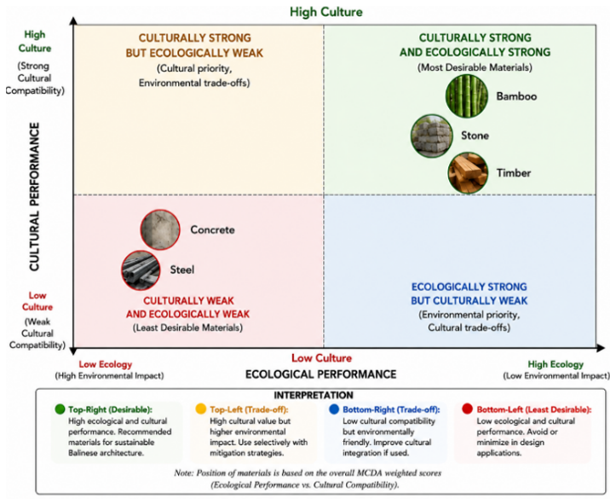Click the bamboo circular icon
pyautogui.click(x=467, y=96)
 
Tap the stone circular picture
pyautogui.click(x=432, y=136)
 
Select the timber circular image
pyautogui.click(x=468, y=172)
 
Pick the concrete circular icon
pyautogui.click(x=160, y=229)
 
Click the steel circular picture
pyautogui.click(x=141, y=270)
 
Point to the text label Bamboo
pyautogui.click(x=516, y=96)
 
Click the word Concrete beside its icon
pyautogui.click(x=212, y=229)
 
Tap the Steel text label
pyautogui.click(x=182, y=270)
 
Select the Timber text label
pyautogui.click(x=514, y=173)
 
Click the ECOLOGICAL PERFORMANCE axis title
pyautogui.click(x=320, y=374)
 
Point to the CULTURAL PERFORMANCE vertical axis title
pyautogui.click(x=34, y=197)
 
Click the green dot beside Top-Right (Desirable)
pyautogui.click(x=60, y=409)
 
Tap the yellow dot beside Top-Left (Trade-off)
pyautogui.click(x=201, y=409)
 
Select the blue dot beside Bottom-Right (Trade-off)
pyautogui.click(x=334, y=409)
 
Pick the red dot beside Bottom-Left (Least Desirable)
pyautogui.click(x=467, y=409)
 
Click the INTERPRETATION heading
pyautogui.click(x=314, y=396)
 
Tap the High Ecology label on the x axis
pyautogui.click(x=555, y=364)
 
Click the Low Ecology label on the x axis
pyautogui.click(x=106, y=364)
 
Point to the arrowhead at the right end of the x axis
pyautogui.click(x=601, y=347)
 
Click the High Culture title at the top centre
pyautogui.click(x=326, y=12)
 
